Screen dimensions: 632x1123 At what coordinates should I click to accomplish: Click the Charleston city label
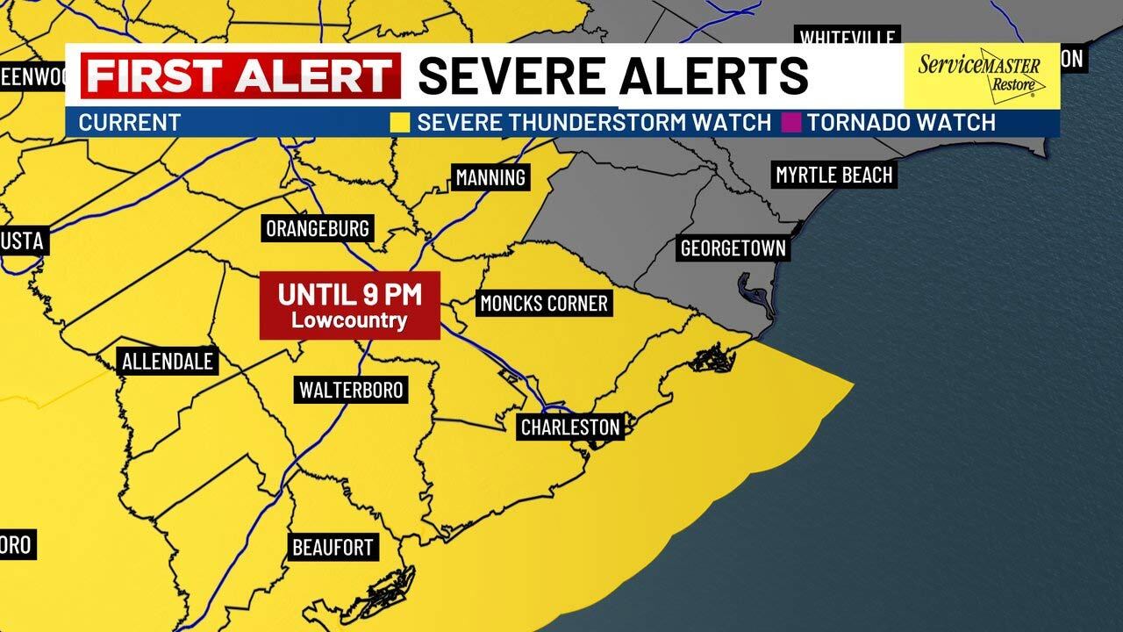pos(570,427)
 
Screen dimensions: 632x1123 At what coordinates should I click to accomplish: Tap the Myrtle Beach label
pos(833,175)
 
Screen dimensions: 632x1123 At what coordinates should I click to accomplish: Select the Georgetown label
pos(733,248)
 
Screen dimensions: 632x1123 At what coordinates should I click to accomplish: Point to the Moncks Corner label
pos(543,304)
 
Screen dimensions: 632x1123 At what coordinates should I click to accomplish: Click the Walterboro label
pos(351,390)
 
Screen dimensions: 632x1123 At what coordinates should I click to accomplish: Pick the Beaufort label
pos(333,548)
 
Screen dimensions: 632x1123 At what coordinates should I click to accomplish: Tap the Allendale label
pos(168,361)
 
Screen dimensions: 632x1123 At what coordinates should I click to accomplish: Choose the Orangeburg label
pos(318,229)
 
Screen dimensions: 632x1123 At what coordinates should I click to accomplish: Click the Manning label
pos(490,177)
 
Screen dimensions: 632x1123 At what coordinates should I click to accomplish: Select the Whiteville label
pos(848,38)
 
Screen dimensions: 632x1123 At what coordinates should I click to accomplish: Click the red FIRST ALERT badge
pos(240,75)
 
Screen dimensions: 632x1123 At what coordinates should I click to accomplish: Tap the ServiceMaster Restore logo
pos(981,75)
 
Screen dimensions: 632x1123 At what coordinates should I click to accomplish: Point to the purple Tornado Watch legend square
pos(791,122)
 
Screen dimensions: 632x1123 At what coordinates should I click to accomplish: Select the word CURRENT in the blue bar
pos(129,123)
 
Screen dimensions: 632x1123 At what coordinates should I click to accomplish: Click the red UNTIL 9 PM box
pos(349,304)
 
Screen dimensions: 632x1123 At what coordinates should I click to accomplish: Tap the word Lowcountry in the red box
pos(349,320)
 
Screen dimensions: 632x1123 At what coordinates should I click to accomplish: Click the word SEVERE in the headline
pos(512,75)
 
